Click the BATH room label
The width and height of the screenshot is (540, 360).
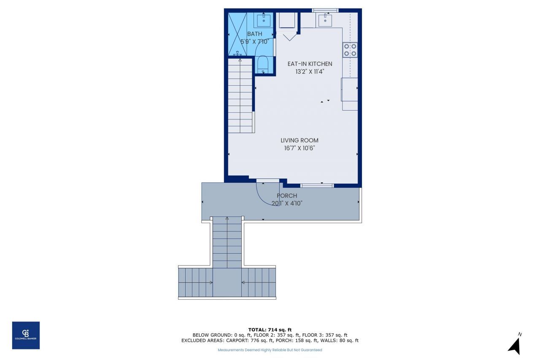254,34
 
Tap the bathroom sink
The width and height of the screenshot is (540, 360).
264,19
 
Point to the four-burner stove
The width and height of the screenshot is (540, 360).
350,50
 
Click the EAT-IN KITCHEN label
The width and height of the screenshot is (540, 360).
310,64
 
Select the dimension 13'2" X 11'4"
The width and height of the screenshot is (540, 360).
310,71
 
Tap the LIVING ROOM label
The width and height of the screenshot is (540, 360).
300,140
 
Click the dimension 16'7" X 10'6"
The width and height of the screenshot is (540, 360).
300,148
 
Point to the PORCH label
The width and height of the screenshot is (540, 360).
287,195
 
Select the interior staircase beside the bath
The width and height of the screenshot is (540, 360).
240,96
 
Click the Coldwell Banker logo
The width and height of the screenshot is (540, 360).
26,335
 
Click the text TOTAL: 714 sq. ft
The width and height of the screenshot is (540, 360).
270,330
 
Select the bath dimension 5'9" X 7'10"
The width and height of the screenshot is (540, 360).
254,41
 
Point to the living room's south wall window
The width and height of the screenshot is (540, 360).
317,185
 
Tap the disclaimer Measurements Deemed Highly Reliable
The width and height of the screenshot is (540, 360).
270,350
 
